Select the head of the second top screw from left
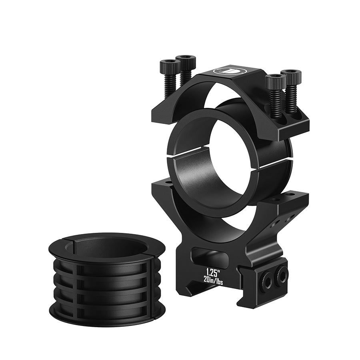coord(186,61)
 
